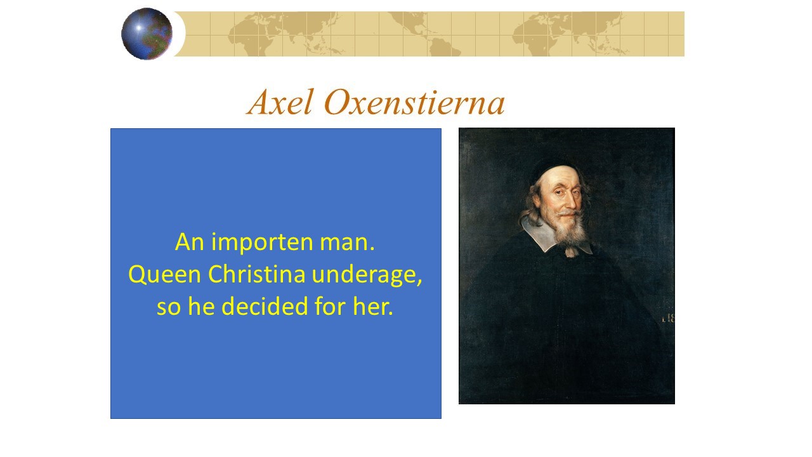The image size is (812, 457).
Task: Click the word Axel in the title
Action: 280,102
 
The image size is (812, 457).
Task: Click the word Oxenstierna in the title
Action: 414,102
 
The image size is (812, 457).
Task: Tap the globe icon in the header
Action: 147,34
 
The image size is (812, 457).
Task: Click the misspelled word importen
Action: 262,242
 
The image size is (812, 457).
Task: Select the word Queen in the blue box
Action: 164,275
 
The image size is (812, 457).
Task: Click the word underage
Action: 367,275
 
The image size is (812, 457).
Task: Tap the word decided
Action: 265,307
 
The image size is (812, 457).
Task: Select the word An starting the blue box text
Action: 190,242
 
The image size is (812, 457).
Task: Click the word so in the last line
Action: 169,307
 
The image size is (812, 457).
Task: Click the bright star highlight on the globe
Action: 139,28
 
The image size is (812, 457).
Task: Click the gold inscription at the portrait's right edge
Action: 668,319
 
